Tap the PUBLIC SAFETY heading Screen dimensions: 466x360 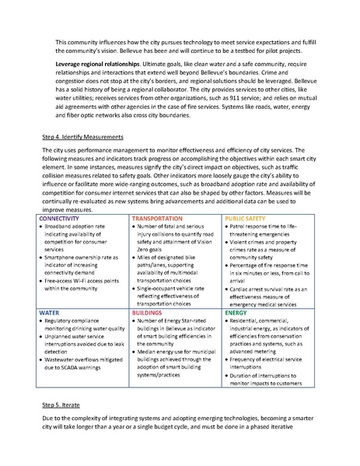point(248,220)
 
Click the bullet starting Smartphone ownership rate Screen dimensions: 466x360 point(82,261)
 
